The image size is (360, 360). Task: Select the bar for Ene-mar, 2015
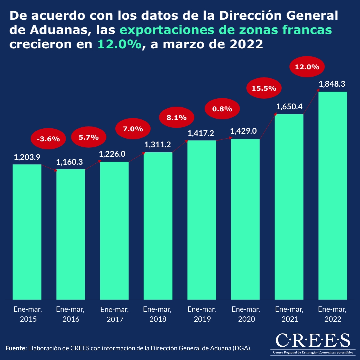[x=27, y=232]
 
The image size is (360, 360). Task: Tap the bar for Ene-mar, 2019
[x=202, y=220]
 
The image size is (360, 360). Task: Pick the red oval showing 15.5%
[x=264, y=88]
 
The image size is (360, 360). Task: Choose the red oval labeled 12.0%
[x=307, y=67]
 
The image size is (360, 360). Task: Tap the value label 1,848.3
[x=332, y=84]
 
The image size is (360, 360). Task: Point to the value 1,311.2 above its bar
[x=158, y=145]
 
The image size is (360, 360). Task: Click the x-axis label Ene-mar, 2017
[x=114, y=314]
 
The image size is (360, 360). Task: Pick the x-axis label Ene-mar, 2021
[x=289, y=314]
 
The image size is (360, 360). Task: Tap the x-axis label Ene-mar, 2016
[x=71, y=314]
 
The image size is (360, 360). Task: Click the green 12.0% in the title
[x=120, y=45]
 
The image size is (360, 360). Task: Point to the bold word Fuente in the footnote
[x=16, y=348]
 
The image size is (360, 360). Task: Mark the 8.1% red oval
[x=176, y=117]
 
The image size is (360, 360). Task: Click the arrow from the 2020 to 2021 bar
[x=267, y=127]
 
